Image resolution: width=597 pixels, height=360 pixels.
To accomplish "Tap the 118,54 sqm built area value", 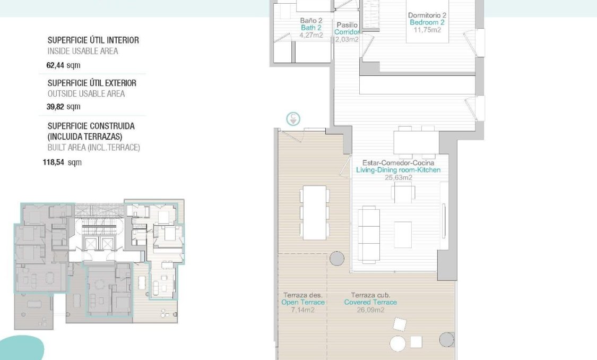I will point(62,162).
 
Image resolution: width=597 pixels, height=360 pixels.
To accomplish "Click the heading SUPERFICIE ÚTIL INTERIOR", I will point(93,40).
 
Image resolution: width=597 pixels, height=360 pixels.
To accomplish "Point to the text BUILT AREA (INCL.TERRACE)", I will point(93,148).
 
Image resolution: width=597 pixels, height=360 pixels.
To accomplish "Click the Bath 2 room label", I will point(311,28).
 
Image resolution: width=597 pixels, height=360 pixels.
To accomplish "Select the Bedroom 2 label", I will point(427,22).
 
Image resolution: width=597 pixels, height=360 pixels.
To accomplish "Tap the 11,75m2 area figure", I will point(427,30).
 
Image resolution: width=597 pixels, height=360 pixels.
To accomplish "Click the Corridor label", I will point(347,32).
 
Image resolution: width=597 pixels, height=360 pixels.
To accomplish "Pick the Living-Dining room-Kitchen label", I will point(398,170).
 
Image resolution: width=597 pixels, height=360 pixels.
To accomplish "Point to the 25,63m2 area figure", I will point(398,177).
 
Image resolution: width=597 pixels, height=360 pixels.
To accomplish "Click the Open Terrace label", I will point(303,302).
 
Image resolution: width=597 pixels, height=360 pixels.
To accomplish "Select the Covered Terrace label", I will point(370,302).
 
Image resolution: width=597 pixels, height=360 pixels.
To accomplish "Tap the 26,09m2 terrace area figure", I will point(370,310).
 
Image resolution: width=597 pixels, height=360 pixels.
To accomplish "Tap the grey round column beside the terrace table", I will point(336,259).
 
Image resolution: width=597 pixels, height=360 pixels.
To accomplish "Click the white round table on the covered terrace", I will point(397,344).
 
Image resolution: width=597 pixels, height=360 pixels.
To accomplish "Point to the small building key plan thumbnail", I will point(99,264).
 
